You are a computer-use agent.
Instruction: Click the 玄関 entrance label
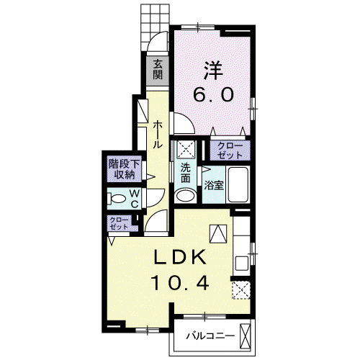[x=158, y=69]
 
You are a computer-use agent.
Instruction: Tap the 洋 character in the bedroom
[x=213, y=71]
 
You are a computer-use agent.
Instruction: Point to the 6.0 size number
[x=213, y=94]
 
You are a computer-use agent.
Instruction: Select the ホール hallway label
[x=158, y=134]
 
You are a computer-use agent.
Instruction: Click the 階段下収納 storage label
[x=124, y=169]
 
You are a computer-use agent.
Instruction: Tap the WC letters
[x=135, y=199]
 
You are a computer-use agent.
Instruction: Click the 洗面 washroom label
[x=185, y=173]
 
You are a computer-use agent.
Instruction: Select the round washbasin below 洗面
[x=186, y=196]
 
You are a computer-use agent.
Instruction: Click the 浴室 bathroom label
[x=214, y=185]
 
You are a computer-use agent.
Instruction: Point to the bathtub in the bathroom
[x=238, y=184]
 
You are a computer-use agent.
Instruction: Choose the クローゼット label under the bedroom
[x=230, y=150]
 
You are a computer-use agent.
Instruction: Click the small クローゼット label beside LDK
[x=119, y=223]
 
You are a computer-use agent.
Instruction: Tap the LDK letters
[x=180, y=257]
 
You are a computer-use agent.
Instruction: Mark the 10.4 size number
[x=180, y=283]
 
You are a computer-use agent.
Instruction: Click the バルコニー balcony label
[x=210, y=336]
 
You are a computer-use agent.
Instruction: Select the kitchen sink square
[x=242, y=264]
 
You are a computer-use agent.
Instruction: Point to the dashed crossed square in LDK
[x=241, y=290]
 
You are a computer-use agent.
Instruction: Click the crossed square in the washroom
[x=186, y=149]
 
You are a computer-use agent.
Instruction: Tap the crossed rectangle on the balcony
[x=245, y=336]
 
